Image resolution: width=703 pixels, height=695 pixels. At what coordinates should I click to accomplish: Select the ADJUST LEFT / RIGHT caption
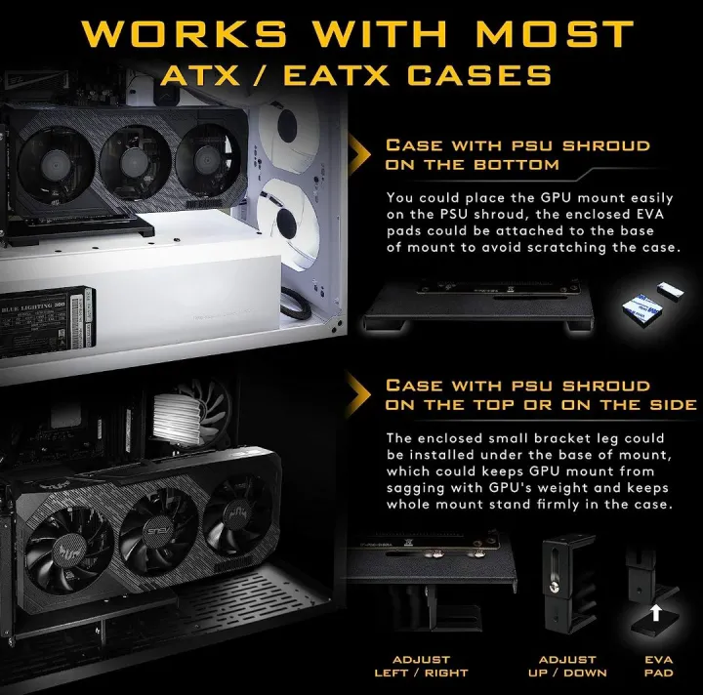coord(421,666)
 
